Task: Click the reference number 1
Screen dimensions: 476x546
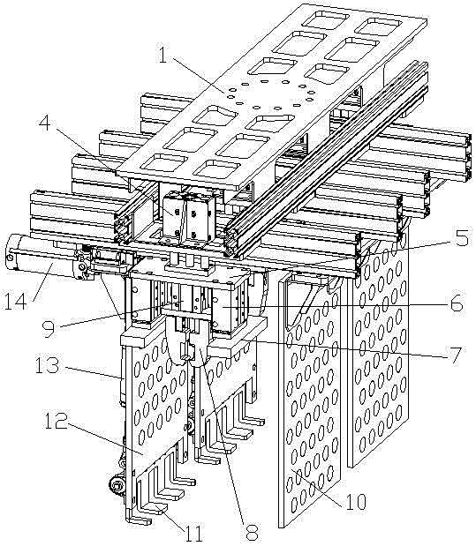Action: [162, 56]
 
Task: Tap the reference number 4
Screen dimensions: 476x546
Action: [44, 123]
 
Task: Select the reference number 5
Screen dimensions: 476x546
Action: [462, 238]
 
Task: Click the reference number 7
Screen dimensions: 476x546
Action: [455, 355]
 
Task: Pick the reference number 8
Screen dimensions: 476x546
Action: [252, 533]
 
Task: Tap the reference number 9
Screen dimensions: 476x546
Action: [48, 329]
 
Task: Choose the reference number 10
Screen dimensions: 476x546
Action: [356, 502]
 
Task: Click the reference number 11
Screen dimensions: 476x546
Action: [193, 533]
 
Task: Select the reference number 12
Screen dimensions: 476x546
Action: [56, 421]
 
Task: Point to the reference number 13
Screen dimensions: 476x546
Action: [48, 365]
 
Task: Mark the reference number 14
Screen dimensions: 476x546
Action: [15, 301]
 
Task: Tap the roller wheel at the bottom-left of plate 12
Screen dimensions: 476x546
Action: [116, 485]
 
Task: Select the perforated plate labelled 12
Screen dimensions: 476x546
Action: [156, 400]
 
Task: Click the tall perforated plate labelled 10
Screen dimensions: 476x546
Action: [310, 400]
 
